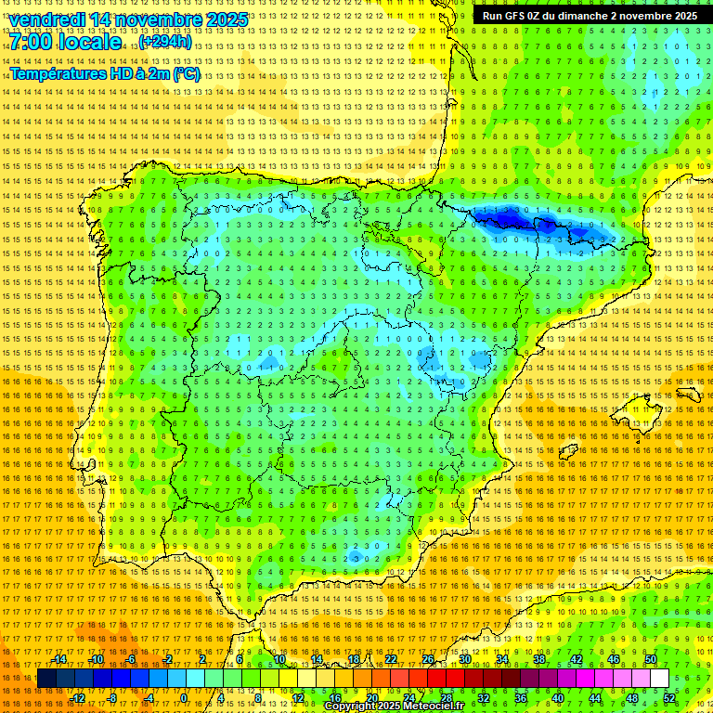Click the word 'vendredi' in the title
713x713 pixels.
[x=49, y=19]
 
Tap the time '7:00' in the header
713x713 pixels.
[x=32, y=42]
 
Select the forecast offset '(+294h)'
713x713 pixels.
[x=165, y=42]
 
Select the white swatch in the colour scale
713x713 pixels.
[x=659, y=679]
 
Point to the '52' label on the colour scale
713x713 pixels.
[x=669, y=697]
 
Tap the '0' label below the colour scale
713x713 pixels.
[x=183, y=697]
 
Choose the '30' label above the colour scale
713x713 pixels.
[x=464, y=659]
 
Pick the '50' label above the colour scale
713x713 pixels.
[x=651, y=659]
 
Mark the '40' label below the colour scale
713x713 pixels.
[x=557, y=697]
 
